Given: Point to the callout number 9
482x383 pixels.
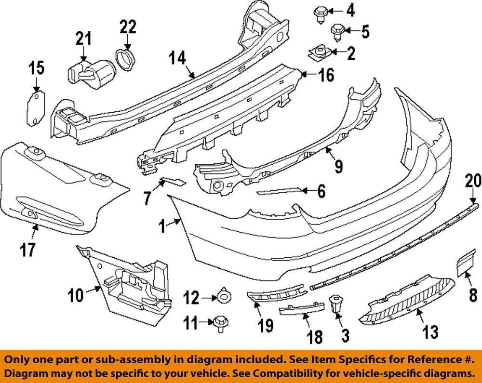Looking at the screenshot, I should click(338, 167).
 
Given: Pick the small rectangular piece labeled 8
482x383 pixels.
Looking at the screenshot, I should click(463, 266).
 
